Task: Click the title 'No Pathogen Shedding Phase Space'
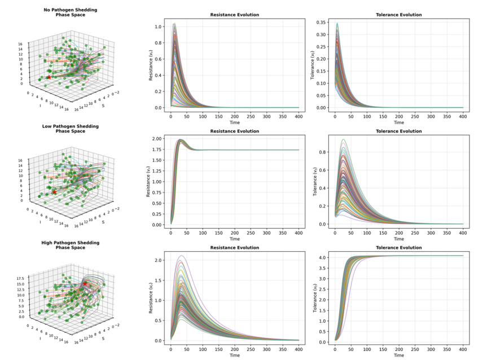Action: (x=70, y=12)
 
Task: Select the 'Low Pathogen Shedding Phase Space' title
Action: (x=70, y=129)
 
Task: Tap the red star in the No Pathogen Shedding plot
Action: (x=49, y=77)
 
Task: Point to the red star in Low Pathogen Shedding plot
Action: (x=54, y=192)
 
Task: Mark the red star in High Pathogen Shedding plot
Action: (x=85, y=284)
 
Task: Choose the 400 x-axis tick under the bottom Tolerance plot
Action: (x=462, y=349)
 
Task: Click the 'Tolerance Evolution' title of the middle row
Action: (x=399, y=131)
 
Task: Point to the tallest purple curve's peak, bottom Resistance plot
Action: (x=182, y=256)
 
